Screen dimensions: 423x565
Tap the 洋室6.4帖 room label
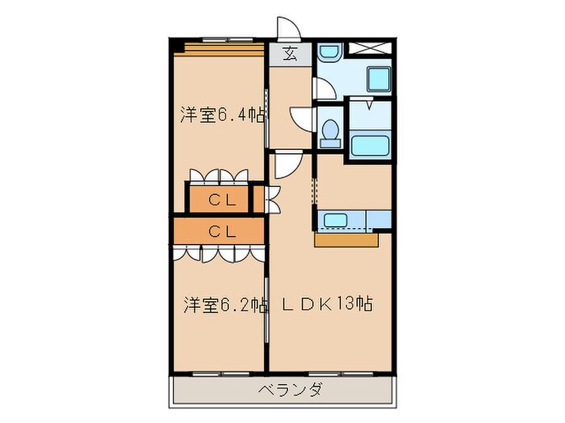(x=222, y=114)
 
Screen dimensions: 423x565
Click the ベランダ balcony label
(x=291, y=391)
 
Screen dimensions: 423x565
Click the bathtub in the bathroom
(x=370, y=147)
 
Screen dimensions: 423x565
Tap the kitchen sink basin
(x=334, y=218)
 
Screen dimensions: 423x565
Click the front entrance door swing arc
(x=286, y=27)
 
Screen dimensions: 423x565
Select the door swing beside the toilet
(x=300, y=119)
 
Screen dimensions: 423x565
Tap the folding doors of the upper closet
(x=220, y=176)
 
